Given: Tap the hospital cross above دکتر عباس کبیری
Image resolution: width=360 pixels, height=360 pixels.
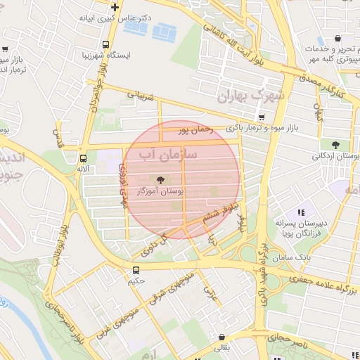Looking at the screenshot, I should coord(115,6).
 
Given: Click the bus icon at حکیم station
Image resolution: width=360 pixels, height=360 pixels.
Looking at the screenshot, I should coord(136,269).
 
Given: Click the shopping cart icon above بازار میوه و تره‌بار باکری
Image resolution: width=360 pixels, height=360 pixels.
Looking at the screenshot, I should coord(262,117).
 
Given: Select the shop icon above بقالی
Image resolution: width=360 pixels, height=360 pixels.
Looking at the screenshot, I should coord(222,337).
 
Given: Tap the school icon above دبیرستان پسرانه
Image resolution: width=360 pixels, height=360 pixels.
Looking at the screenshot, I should coord(301,212).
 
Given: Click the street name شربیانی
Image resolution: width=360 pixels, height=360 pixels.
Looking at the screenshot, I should coord(139,94).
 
